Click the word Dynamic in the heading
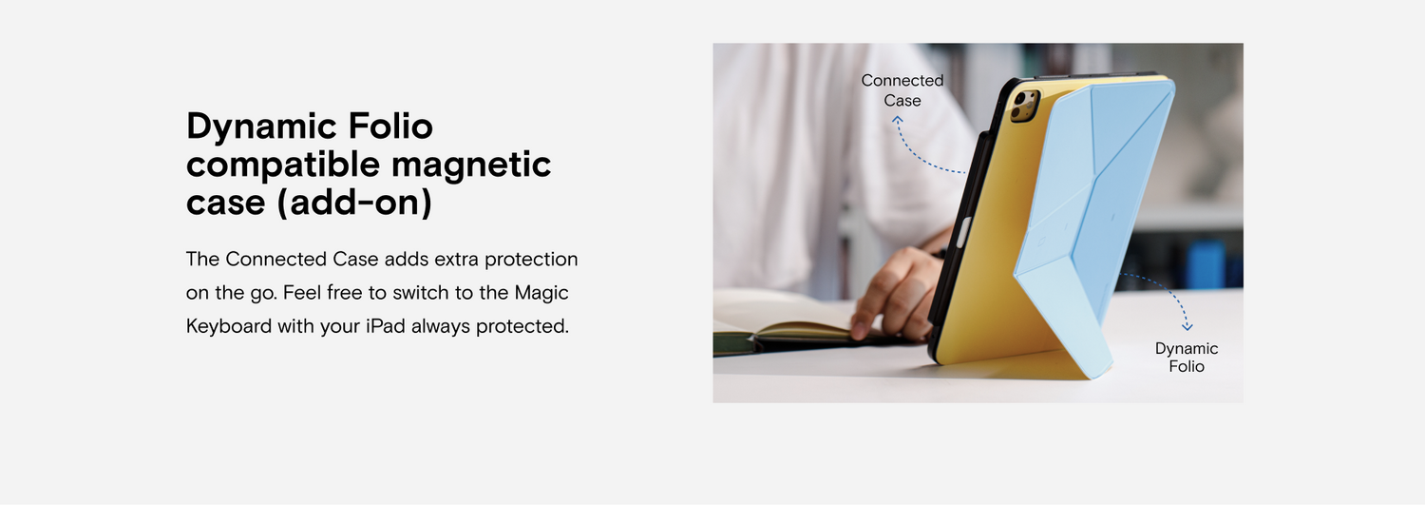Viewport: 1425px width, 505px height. coord(261,127)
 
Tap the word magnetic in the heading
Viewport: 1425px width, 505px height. coord(471,165)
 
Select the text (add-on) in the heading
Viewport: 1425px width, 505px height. coord(354,203)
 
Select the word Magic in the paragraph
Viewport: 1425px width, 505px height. coord(541,293)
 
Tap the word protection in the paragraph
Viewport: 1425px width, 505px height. coord(531,260)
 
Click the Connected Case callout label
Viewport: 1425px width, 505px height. coord(902,90)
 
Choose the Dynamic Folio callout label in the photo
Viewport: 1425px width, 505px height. coord(1187,358)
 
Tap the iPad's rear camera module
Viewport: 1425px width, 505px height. coord(1025,105)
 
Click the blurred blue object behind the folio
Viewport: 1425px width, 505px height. coord(1206,264)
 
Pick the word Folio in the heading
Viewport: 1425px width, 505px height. coord(389,126)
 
